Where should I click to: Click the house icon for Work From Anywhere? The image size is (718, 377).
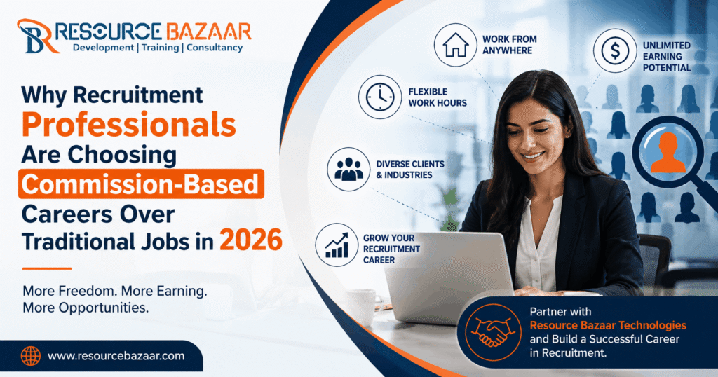(x=456, y=45)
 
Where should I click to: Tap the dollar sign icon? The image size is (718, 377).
(x=615, y=50)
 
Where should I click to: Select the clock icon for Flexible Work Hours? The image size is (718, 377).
(x=380, y=97)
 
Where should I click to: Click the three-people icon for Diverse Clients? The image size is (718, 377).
(x=348, y=170)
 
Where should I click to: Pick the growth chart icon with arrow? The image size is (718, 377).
(x=337, y=245)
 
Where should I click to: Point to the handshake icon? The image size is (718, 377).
(x=493, y=332)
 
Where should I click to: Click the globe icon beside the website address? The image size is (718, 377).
(x=31, y=356)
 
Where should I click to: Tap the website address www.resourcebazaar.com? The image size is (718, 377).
(x=116, y=356)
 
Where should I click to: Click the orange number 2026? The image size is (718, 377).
(x=250, y=240)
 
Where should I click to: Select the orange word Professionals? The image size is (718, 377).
(x=129, y=125)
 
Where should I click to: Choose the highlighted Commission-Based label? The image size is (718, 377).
(x=141, y=184)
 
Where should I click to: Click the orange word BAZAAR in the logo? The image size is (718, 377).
(x=208, y=32)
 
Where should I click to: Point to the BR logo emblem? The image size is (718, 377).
(x=36, y=36)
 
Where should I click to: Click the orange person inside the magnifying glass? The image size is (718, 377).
(x=668, y=152)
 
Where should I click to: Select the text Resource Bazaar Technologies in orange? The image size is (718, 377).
(x=608, y=325)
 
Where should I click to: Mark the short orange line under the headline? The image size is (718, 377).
(x=47, y=268)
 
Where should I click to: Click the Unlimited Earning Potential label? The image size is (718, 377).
(x=666, y=56)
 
